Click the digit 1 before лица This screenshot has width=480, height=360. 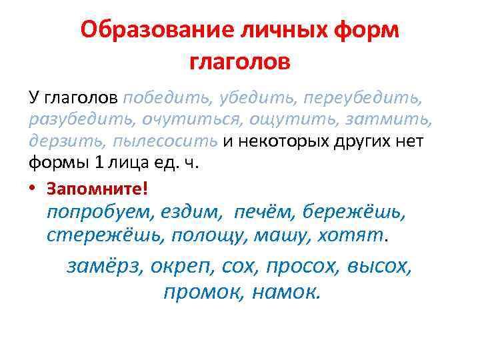coord(93,163)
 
